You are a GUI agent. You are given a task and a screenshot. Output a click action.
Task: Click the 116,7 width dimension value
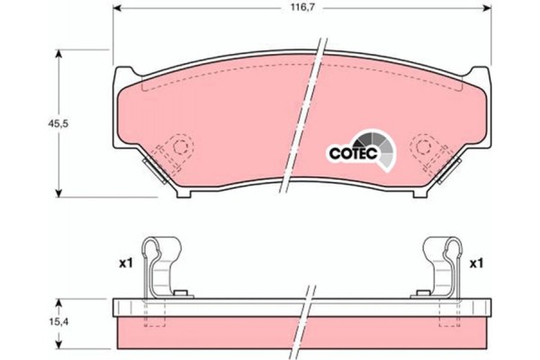point(303,7)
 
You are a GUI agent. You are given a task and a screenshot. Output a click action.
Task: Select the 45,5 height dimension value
point(58,123)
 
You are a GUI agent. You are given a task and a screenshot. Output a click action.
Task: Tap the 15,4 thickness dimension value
point(58,322)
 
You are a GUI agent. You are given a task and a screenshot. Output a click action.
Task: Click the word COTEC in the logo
point(354,154)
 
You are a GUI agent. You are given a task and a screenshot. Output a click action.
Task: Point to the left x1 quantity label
point(126,264)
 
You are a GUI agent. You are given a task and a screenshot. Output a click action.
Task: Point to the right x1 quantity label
point(477,264)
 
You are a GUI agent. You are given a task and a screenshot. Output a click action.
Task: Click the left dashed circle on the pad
point(181,147)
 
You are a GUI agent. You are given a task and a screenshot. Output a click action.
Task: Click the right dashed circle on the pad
point(423,147)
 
